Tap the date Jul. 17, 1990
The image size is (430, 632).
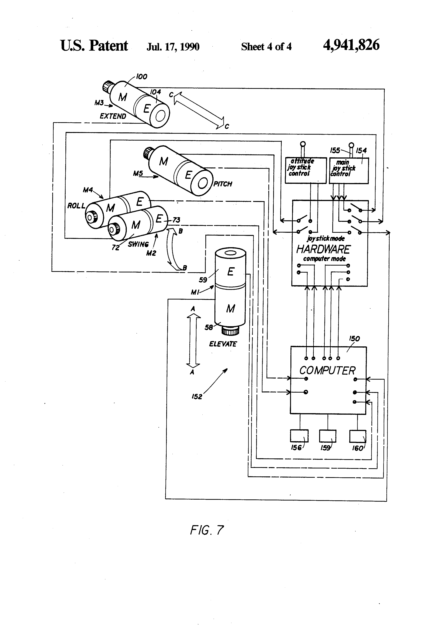[173, 47]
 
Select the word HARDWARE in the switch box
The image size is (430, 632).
[323, 249]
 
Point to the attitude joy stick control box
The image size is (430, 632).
[305, 170]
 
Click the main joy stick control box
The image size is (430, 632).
[349, 170]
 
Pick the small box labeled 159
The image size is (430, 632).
[328, 436]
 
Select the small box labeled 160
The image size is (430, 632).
[357, 436]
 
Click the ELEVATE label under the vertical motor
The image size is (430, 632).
[223, 344]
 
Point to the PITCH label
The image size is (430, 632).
[223, 184]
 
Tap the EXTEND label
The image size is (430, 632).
[113, 116]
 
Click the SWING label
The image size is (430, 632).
[138, 244]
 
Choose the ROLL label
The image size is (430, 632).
[76, 206]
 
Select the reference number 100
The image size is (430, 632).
[142, 77]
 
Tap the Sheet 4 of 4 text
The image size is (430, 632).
[266, 47]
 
